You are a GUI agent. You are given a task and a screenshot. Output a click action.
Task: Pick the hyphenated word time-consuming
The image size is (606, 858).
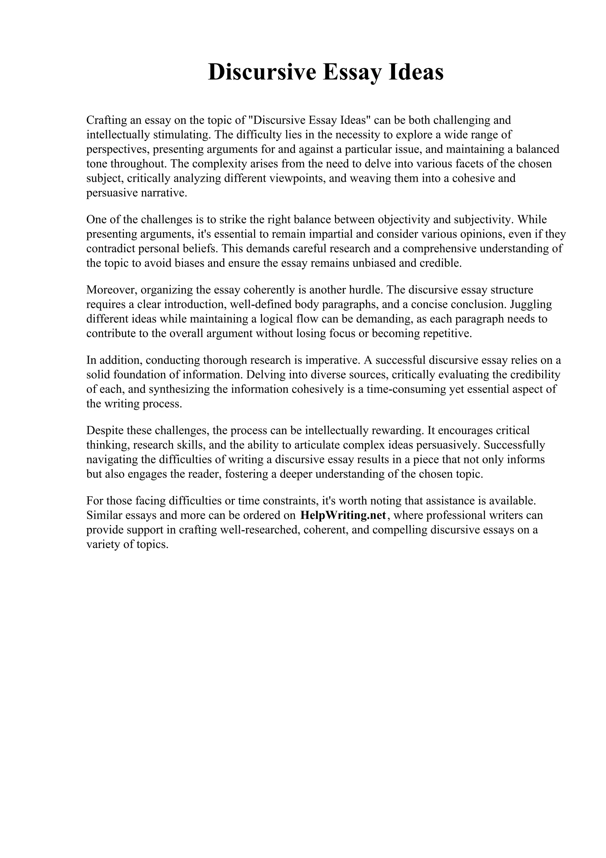406,389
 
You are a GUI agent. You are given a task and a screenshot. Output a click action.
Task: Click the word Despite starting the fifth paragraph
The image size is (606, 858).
105,430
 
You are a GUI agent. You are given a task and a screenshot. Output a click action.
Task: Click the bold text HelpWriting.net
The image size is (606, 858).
343,515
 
